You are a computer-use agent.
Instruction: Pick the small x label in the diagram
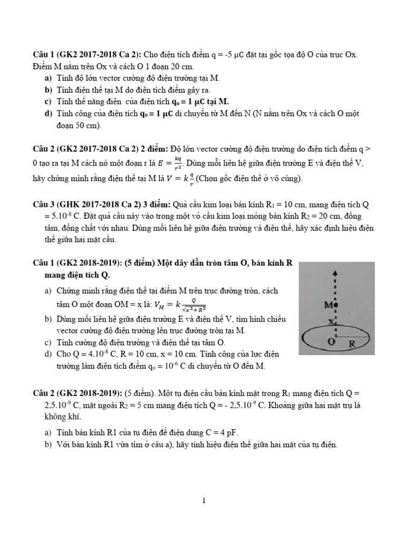[330, 321]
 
